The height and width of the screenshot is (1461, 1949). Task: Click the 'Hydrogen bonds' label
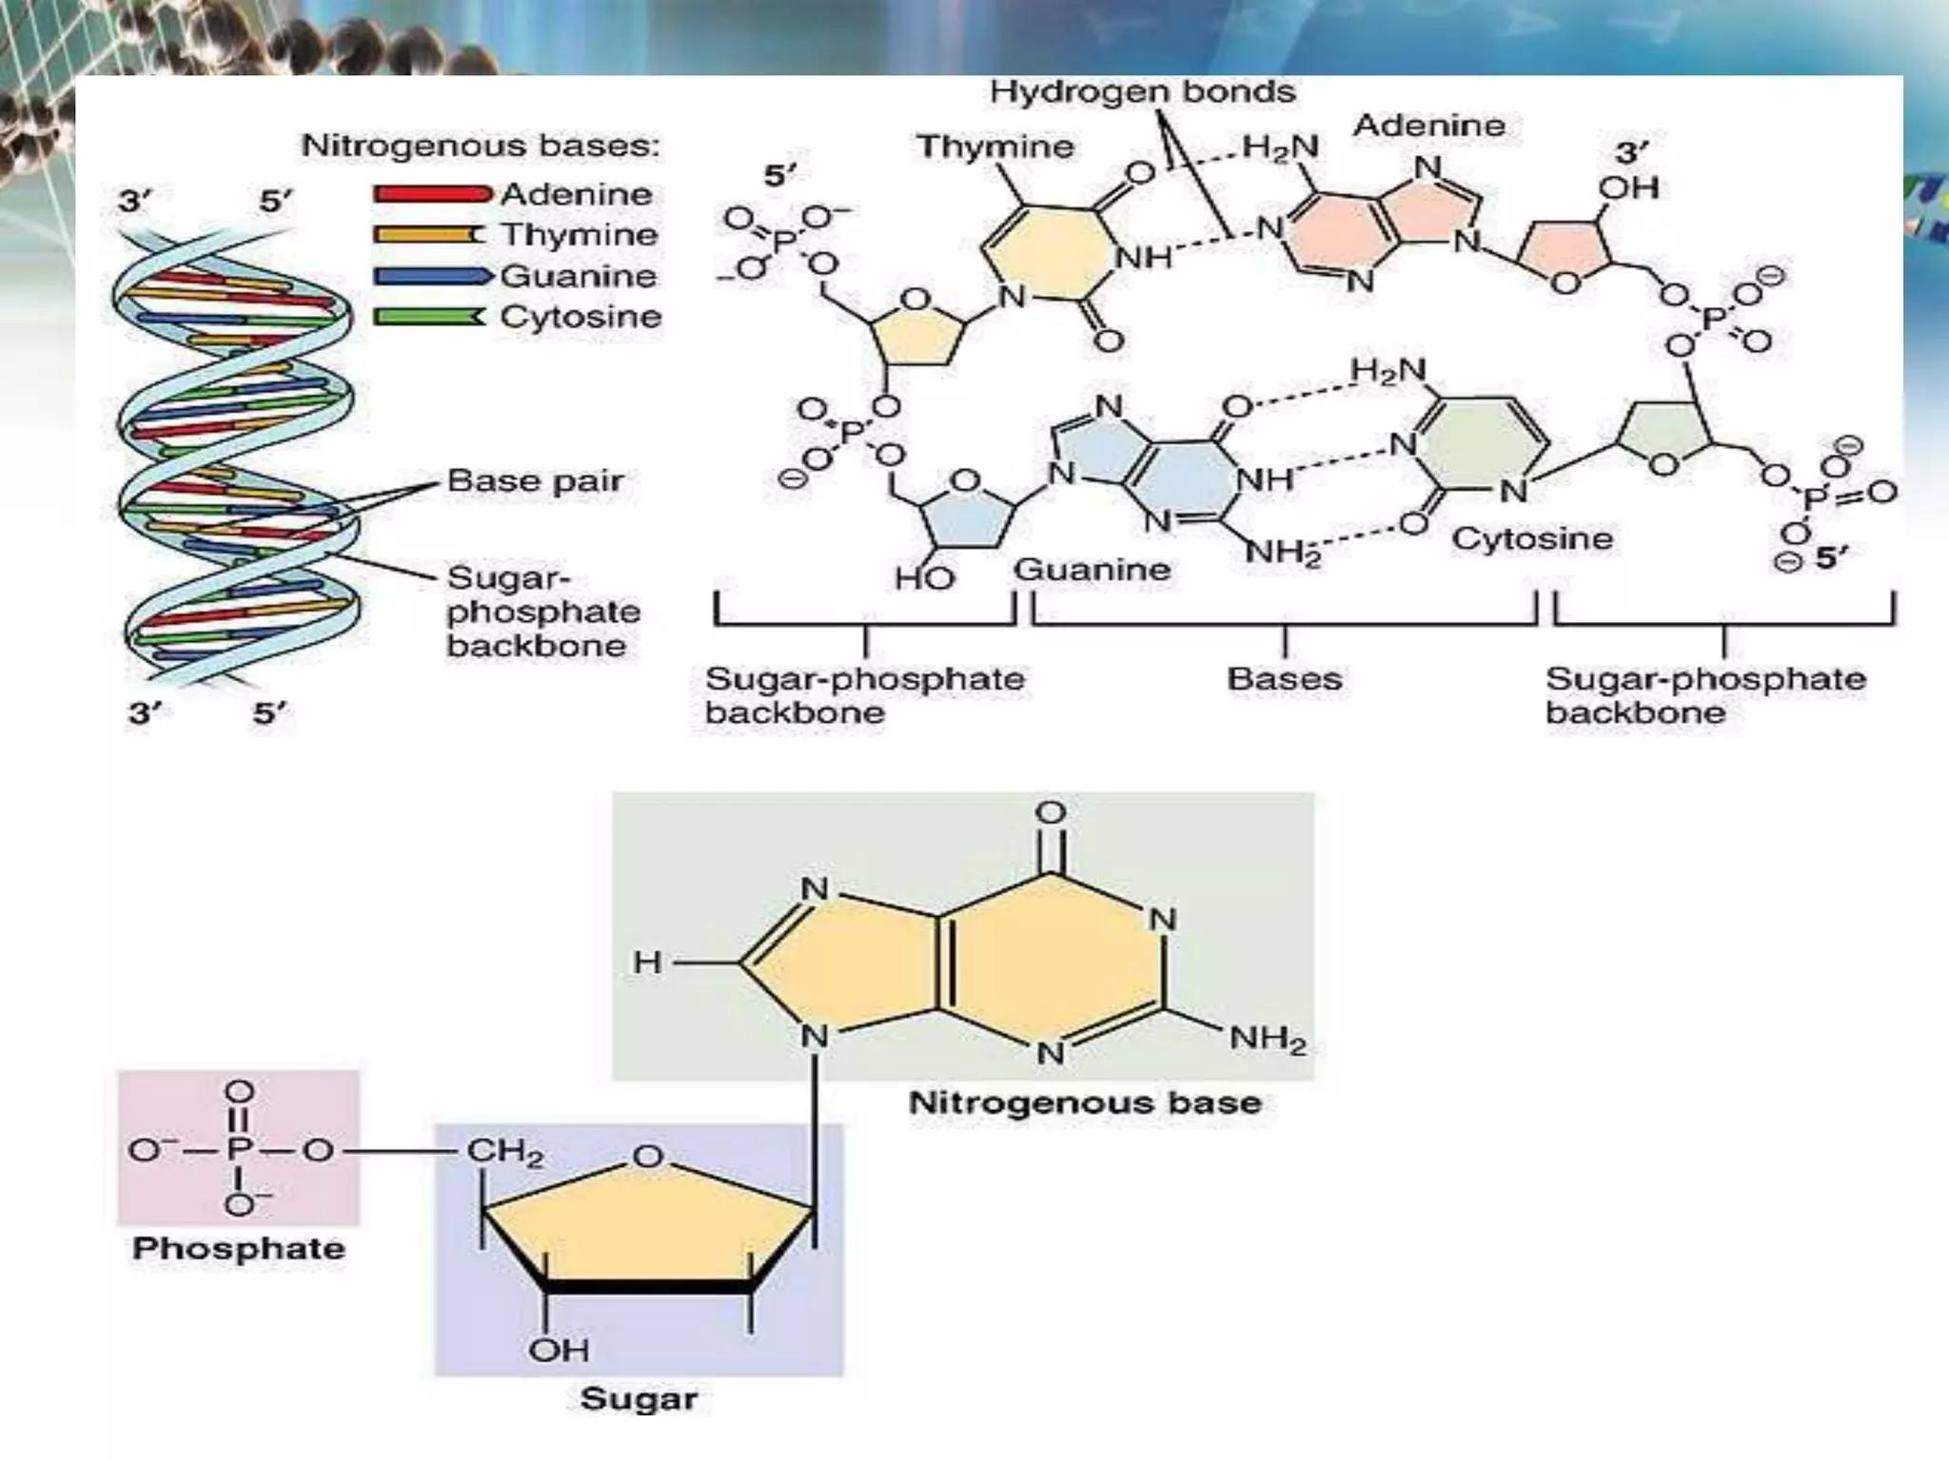pyautogui.click(x=1142, y=92)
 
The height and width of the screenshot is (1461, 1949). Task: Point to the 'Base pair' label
pyautogui.click(x=535, y=480)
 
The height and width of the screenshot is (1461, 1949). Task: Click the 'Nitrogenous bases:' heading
pyautogui.click(x=481, y=146)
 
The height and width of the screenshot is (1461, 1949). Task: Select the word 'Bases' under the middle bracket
pyautogui.click(x=1284, y=679)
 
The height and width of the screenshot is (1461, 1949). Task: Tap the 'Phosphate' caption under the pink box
pyautogui.click(x=238, y=1248)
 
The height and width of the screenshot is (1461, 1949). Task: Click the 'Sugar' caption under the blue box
pyautogui.click(x=639, y=1398)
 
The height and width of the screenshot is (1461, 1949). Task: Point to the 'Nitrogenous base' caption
pyautogui.click(x=1085, y=1102)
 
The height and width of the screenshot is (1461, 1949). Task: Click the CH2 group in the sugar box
pyautogui.click(x=504, y=1153)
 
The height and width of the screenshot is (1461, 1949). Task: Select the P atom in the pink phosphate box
pyautogui.click(x=238, y=1151)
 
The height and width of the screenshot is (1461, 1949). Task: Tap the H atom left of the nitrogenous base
pyautogui.click(x=647, y=963)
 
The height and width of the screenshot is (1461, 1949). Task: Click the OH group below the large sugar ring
pyautogui.click(x=559, y=1349)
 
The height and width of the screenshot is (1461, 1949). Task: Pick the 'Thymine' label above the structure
pyautogui.click(x=994, y=146)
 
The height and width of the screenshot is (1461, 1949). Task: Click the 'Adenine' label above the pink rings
pyautogui.click(x=1428, y=126)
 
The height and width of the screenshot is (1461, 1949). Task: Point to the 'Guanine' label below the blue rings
pyautogui.click(x=1091, y=570)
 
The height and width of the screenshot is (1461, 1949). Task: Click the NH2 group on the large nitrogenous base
pyautogui.click(x=1267, y=1038)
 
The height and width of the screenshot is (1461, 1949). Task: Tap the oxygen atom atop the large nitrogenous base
pyautogui.click(x=1051, y=813)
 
